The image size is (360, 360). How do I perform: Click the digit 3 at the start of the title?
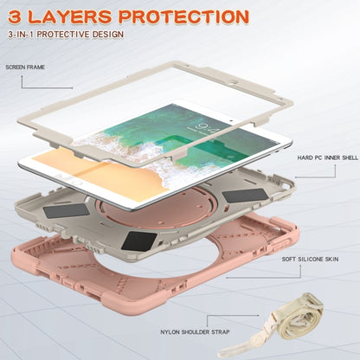coord(17,16)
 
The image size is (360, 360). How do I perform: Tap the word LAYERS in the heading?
coord(82,16)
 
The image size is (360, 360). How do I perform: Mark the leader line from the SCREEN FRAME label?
coord(52,79)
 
